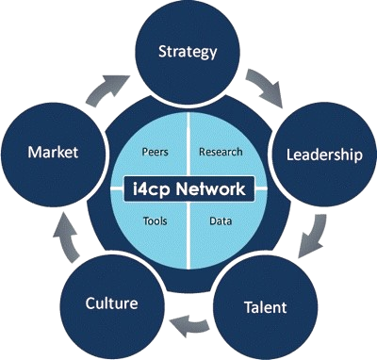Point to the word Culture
(111, 303)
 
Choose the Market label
(53, 152)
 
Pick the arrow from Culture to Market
(64, 240)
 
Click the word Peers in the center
(155, 152)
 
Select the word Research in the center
(221, 152)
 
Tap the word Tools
(156, 222)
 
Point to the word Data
(219, 222)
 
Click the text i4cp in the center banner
(155, 188)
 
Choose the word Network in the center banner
(214, 188)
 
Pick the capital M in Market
(35, 152)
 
